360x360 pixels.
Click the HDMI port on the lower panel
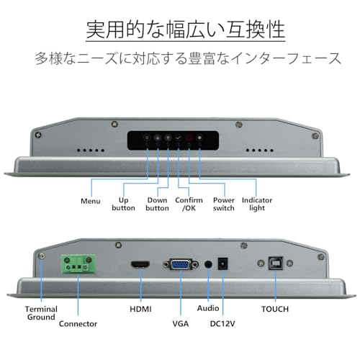click(140, 265)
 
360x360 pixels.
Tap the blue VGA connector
click(181, 264)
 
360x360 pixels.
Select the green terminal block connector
click(78, 264)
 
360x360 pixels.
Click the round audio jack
click(208, 265)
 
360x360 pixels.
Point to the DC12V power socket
click(222, 264)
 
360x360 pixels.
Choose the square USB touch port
click(276, 264)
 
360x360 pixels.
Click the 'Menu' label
click(91, 201)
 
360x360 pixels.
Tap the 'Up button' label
click(123, 204)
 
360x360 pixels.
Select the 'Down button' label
click(157, 204)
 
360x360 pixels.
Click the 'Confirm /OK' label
click(189, 204)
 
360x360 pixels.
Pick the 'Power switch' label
click(224, 204)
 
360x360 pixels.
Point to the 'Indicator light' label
click(257, 204)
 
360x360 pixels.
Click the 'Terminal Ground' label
click(41, 313)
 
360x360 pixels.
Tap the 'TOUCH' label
click(275, 309)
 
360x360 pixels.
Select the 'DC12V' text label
click(222, 324)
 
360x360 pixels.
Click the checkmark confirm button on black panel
click(179, 138)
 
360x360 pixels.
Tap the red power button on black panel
click(189, 138)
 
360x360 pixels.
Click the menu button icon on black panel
click(147, 138)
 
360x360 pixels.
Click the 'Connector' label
click(78, 324)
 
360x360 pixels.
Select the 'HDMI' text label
click(140, 309)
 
